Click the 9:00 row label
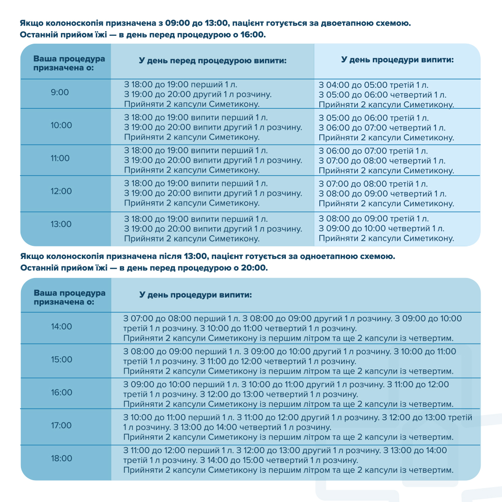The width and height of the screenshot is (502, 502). [x=60, y=92]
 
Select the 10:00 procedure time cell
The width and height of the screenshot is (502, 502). [x=61, y=125]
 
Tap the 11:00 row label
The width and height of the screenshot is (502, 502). [x=60, y=159]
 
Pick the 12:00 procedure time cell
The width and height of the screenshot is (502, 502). [x=61, y=192]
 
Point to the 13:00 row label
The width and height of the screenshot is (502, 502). [x=61, y=225]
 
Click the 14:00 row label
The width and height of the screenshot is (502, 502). [x=62, y=327]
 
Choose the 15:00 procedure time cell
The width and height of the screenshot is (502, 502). [x=62, y=360]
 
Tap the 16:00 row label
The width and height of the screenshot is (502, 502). [x=62, y=393]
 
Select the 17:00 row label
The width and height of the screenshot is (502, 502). [x=62, y=426]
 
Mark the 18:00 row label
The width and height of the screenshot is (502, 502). [x=62, y=459]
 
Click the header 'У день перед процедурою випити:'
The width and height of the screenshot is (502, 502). [x=213, y=61]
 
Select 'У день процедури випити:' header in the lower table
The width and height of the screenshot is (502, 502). [x=196, y=295]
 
